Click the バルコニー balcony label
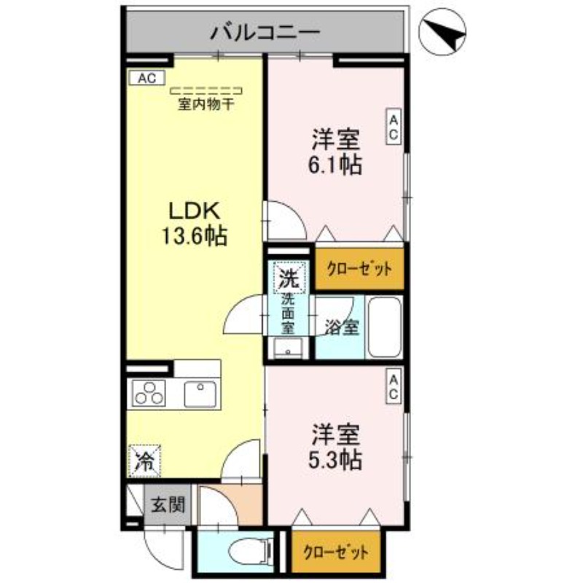click(265, 33)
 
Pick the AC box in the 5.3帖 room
click(393, 386)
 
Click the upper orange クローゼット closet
click(359, 270)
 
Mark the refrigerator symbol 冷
click(145, 460)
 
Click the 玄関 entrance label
click(167, 504)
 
